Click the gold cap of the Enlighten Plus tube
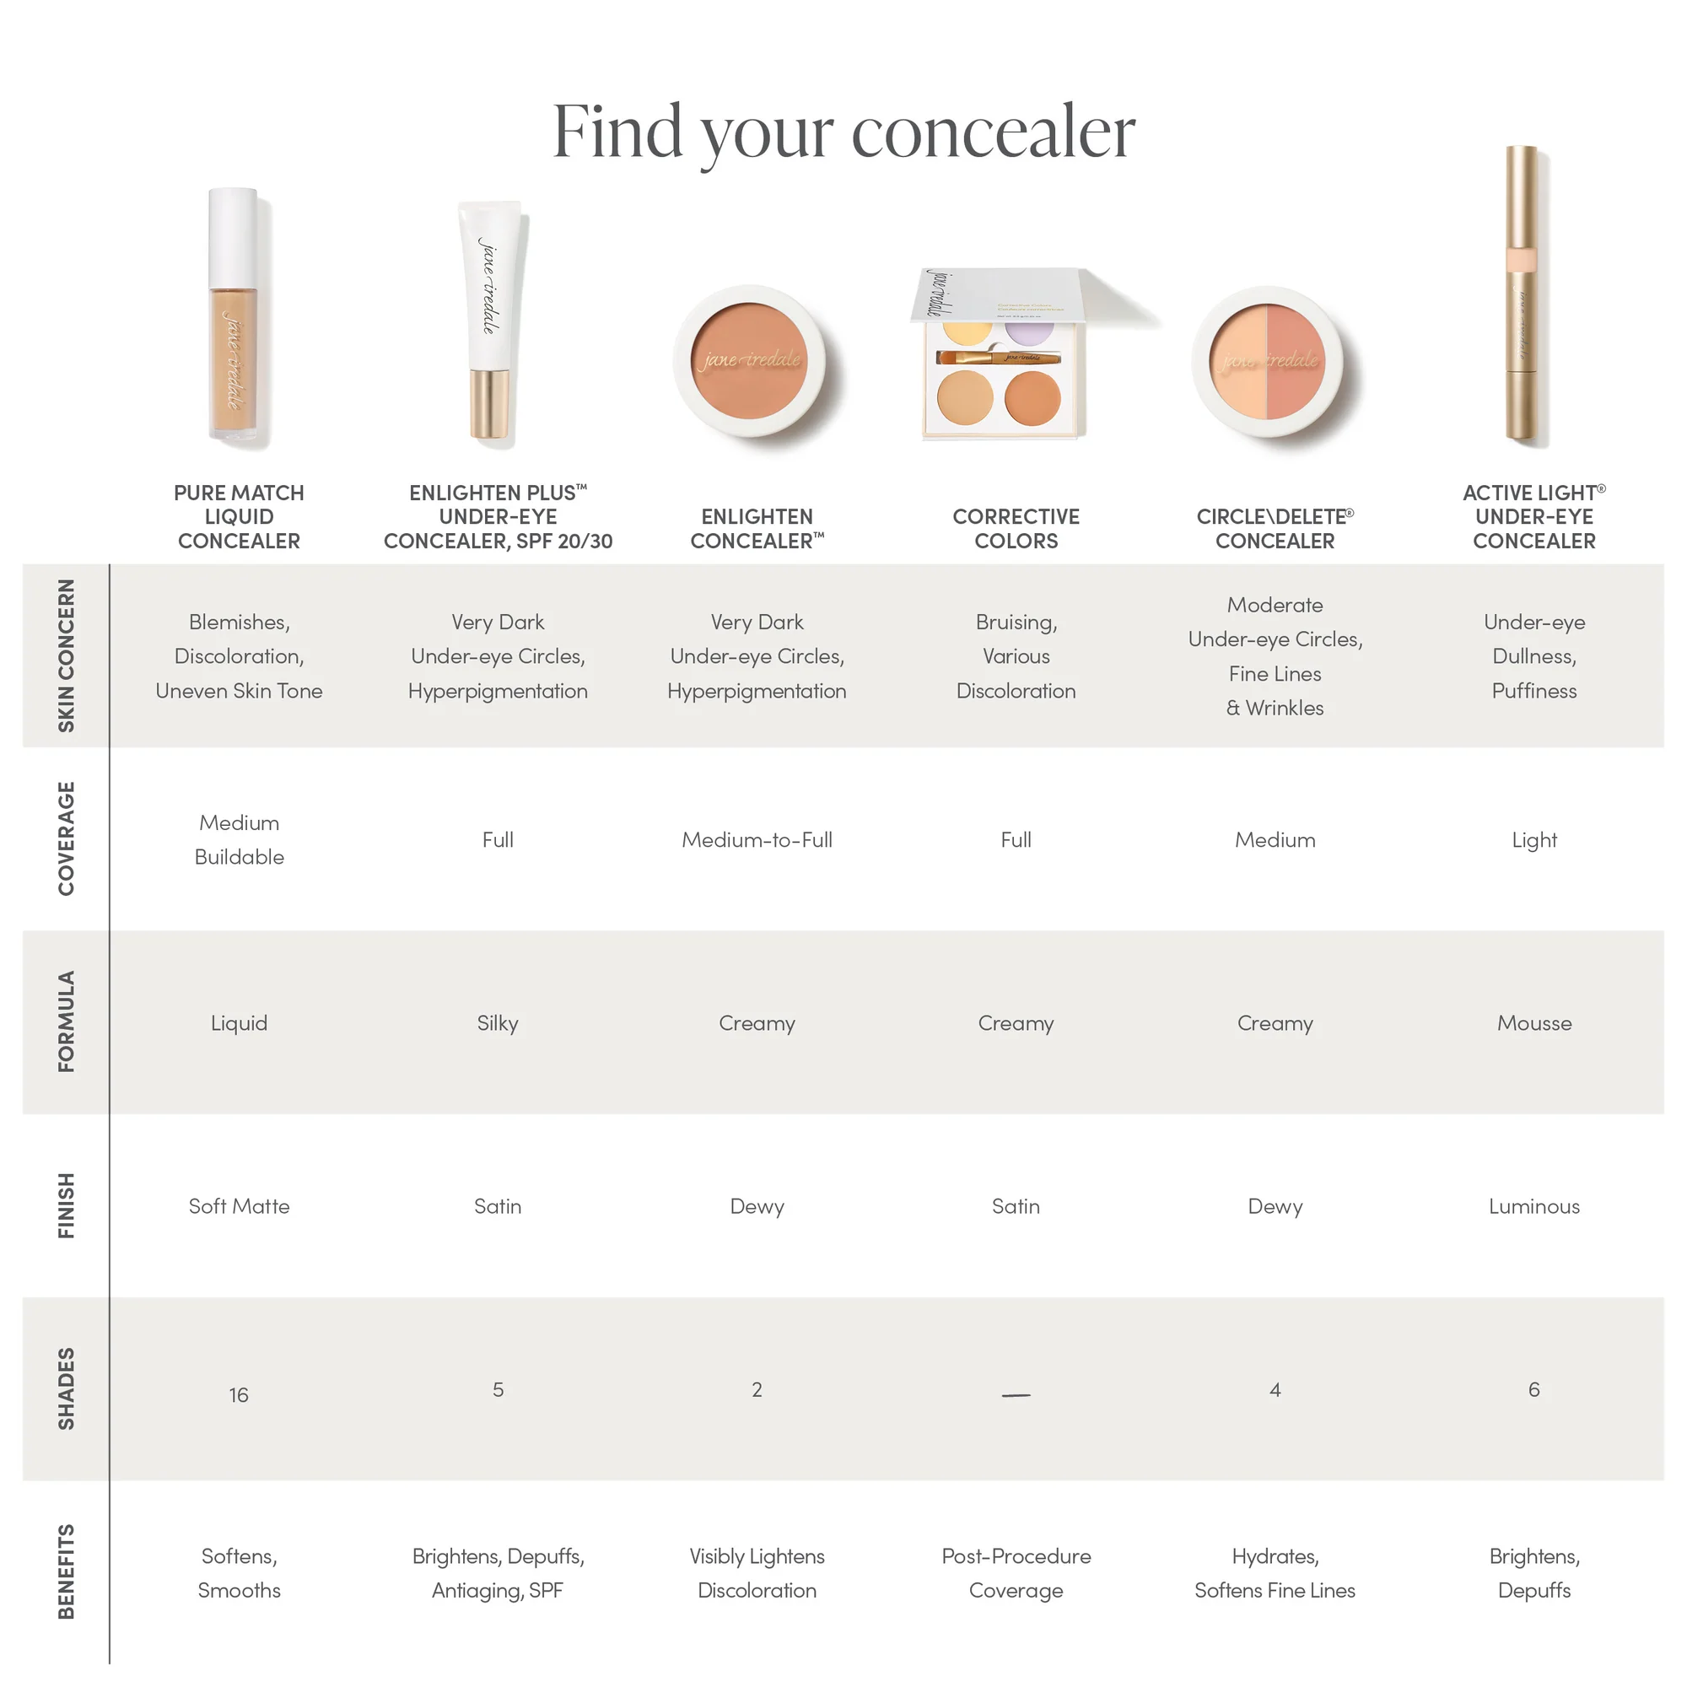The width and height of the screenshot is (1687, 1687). (490, 403)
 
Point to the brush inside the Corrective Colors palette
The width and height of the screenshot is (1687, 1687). (999, 357)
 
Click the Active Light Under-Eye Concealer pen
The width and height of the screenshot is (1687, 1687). (1521, 297)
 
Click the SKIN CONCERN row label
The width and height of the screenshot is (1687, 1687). (67, 655)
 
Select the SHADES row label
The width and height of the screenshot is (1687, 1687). (67, 1388)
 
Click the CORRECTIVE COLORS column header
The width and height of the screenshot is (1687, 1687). (1016, 528)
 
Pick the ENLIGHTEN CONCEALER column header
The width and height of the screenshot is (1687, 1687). (757, 528)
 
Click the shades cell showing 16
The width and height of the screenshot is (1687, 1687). (239, 1394)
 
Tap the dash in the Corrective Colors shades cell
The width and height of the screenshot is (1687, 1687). (1016, 1394)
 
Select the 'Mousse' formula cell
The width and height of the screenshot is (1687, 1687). (1533, 1022)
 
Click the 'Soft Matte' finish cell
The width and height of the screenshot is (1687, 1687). (239, 1206)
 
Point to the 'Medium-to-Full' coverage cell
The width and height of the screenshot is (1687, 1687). (757, 839)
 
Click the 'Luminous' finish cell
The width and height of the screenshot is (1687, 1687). (1533, 1206)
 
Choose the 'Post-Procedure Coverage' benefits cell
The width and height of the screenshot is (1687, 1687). (1016, 1572)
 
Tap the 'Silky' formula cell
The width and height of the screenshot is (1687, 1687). (498, 1022)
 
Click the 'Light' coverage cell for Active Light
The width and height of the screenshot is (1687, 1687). (1533, 839)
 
